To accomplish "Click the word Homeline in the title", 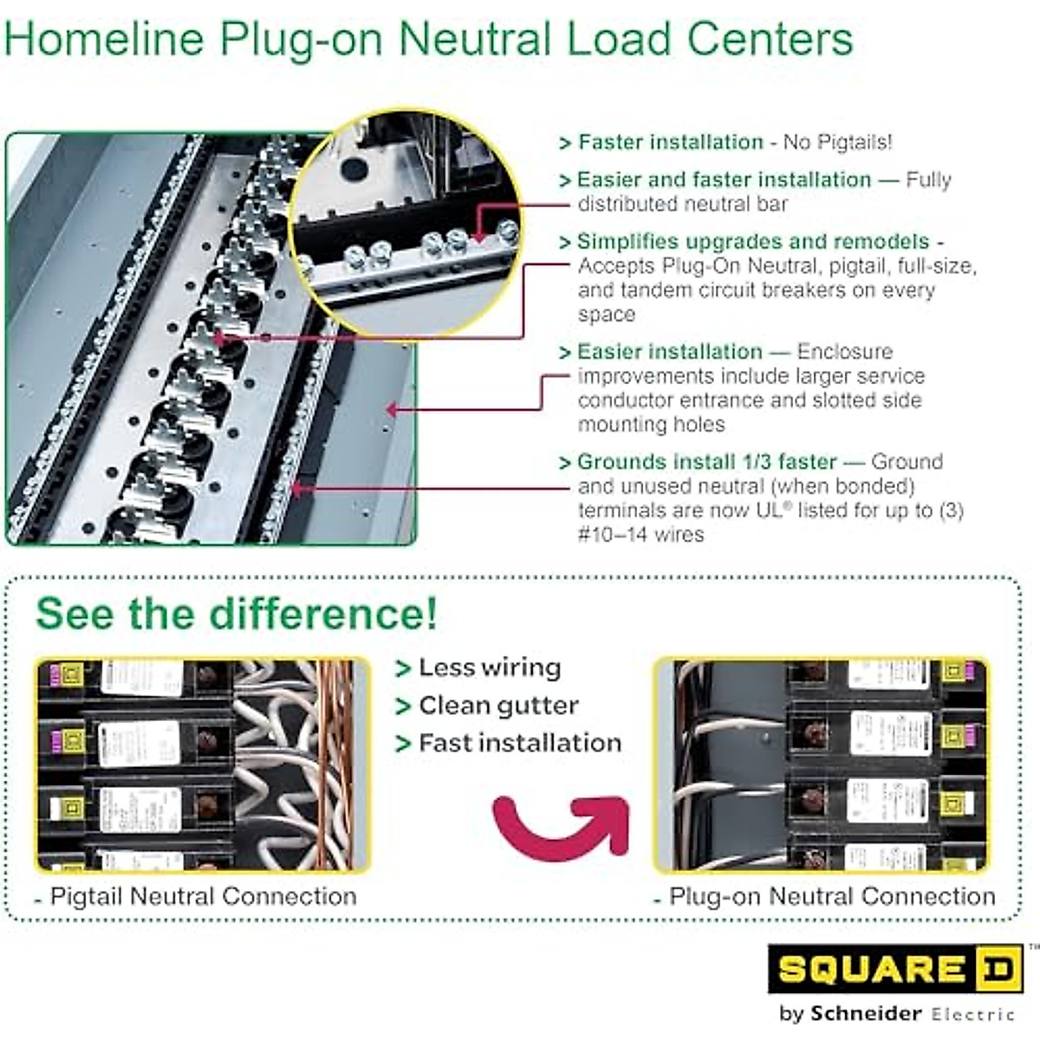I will tap(105, 40).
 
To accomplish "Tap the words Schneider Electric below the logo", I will tap(910, 1013).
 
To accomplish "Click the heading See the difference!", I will tap(237, 614).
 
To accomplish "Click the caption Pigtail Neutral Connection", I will tap(203, 896).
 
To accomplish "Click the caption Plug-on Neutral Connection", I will tap(832, 896).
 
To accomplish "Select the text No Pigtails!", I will tap(836, 142).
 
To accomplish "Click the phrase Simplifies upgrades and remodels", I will tap(752, 241).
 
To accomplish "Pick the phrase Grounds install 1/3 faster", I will tap(706, 462).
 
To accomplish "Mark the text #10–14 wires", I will tap(640, 534).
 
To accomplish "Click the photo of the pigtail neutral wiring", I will tap(203, 764).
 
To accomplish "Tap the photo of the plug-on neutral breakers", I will tap(822, 764).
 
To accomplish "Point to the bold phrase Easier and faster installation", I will tap(724, 179).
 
